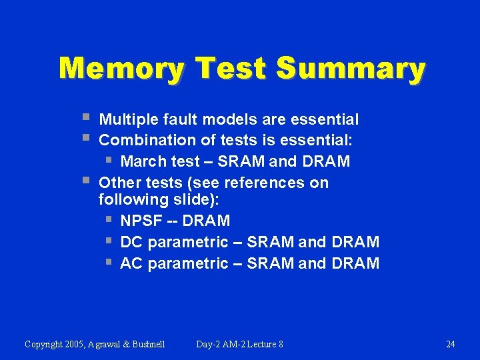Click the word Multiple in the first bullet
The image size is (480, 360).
coord(127,120)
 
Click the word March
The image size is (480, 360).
coord(141,161)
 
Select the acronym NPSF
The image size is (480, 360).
coord(141,221)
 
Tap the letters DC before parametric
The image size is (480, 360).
coord(131,242)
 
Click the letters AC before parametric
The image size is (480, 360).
coord(131,263)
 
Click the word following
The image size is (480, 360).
coord(129,199)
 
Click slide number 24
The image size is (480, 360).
coord(450,344)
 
